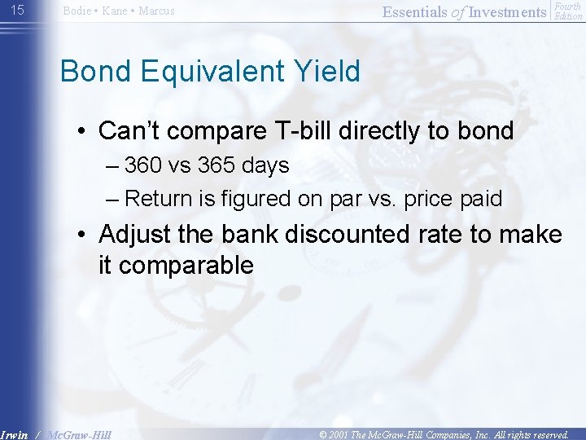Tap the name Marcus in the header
[156, 11]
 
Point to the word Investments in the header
[508, 11]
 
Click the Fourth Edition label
[567, 11]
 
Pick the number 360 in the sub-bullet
[143, 165]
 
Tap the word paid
[481, 198]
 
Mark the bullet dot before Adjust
[84, 235]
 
